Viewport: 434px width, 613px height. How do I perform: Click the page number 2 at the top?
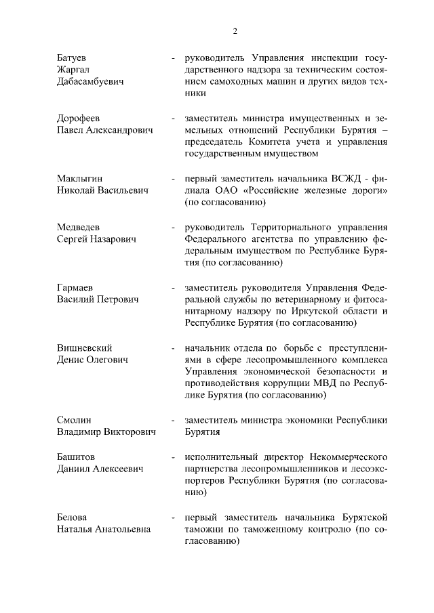(235, 30)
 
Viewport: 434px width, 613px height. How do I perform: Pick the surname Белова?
(72, 517)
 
